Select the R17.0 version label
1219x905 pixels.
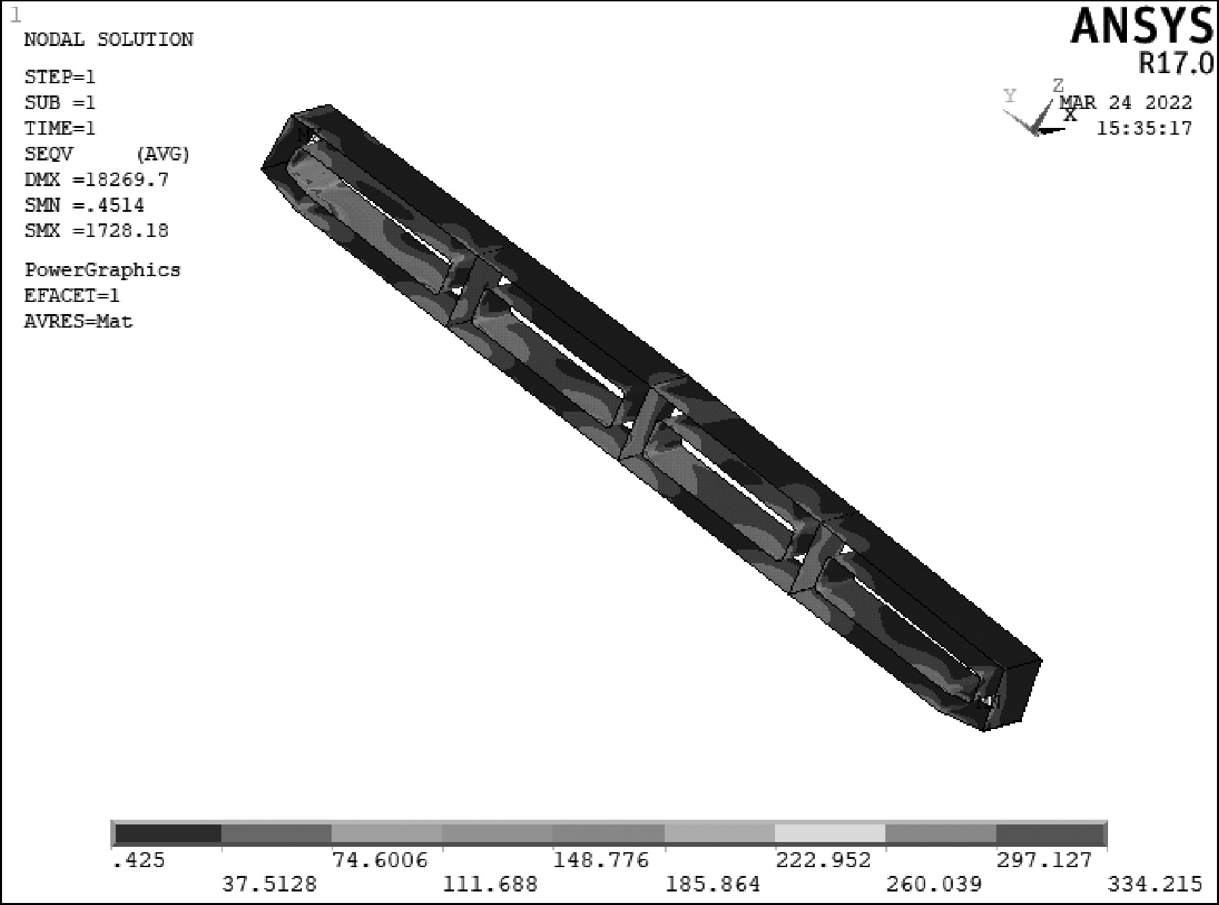point(1176,64)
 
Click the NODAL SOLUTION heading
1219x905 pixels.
point(109,40)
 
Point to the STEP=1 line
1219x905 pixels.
point(60,77)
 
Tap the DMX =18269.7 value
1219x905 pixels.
point(97,180)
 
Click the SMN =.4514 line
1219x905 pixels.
point(85,205)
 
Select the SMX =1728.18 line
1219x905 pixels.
point(97,231)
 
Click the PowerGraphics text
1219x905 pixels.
point(103,270)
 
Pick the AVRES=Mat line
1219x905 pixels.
point(79,321)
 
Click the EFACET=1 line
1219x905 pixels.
point(72,296)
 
